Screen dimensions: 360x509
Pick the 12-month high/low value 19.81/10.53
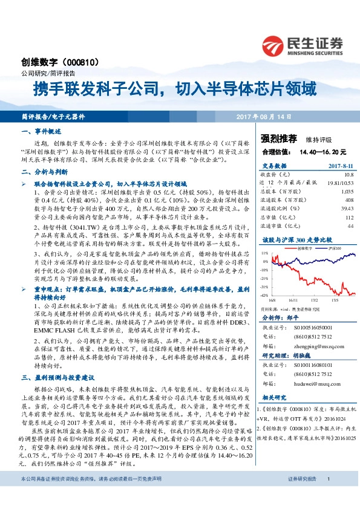[339, 182]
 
